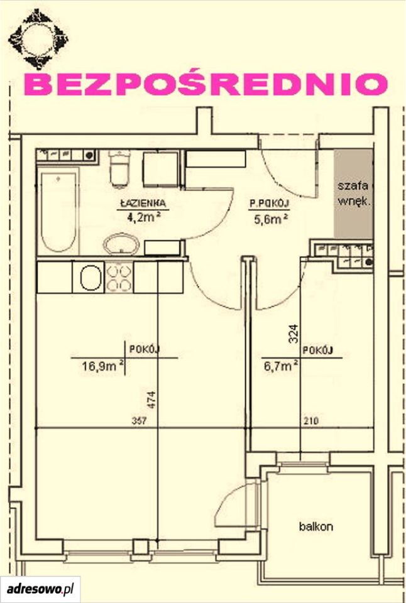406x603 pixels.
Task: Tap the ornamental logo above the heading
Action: (38, 39)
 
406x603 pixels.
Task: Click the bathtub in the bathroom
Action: (58, 212)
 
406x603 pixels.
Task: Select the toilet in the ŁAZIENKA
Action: (119, 168)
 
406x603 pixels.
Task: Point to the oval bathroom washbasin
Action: (121, 244)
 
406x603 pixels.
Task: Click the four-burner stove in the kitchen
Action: (119, 277)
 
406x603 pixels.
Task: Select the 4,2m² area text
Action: (143, 217)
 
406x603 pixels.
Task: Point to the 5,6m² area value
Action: (272, 219)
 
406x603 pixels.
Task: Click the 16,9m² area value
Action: (102, 366)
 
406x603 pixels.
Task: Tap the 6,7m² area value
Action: (280, 366)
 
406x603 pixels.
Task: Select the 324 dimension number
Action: (294, 333)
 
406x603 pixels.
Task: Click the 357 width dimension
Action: (139, 421)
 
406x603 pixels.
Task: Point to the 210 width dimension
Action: (311, 421)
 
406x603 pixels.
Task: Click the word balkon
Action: (316, 526)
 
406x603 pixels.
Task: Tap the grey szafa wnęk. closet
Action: (353, 194)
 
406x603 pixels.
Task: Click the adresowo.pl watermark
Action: (40, 589)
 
